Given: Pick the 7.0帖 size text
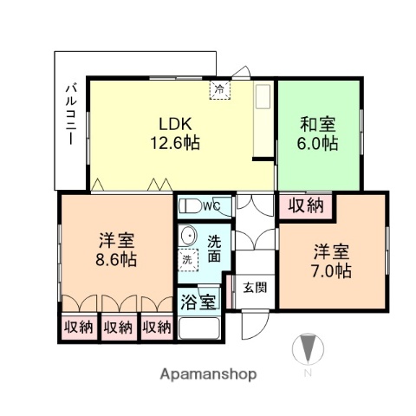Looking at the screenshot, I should (332, 270).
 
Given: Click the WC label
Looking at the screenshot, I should (213, 206).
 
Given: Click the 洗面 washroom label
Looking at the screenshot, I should (213, 249).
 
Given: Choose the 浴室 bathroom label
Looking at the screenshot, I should (198, 303).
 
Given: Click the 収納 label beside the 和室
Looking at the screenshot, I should (306, 206).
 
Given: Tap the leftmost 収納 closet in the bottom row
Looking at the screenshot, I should (79, 328).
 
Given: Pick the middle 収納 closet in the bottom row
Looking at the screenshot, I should (118, 328).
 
